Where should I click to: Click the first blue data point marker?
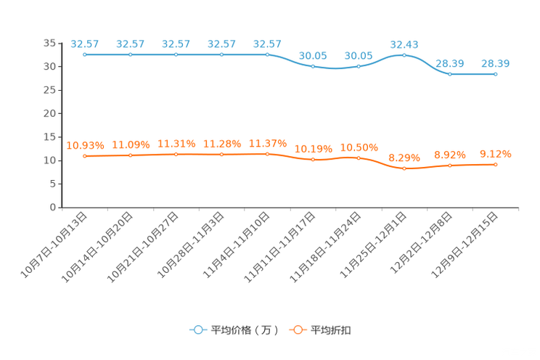(x=85, y=54)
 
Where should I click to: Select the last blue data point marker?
(x=496, y=73)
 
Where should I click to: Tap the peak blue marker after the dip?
(x=404, y=55)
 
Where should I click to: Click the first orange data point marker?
(x=85, y=156)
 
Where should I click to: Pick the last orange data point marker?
(x=496, y=165)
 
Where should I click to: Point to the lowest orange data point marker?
(x=404, y=168)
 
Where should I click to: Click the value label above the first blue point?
(x=85, y=44)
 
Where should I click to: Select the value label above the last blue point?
(x=496, y=63)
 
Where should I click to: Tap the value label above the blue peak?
(x=404, y=44)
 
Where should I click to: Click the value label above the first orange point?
(x=85, y=145)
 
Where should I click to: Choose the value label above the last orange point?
(x=496, y=154)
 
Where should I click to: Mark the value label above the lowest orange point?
(x=404, y=157)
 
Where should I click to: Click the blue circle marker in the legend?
(x=197, y=330)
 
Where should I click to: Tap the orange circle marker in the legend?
(x=297, y=330)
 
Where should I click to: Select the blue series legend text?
(x=245, y=330)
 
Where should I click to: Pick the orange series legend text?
(x=332, y=330)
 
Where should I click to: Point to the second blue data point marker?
(x=131, y=54)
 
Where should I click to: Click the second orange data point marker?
(x=131, y=155)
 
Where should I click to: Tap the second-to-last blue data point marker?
(x=450, y=73)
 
